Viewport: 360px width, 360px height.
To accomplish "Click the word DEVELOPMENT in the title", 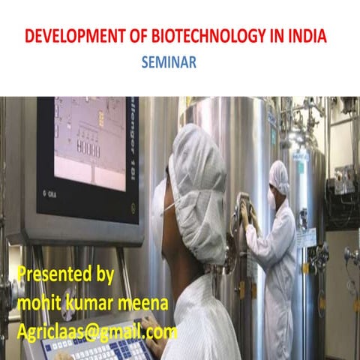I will point(68,36).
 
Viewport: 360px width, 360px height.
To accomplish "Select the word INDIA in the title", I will point(307,36).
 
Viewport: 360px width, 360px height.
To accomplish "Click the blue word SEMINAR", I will point(169,64).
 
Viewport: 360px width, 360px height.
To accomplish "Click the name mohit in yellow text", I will point(37,302).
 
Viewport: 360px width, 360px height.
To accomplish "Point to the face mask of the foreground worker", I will point(171,201).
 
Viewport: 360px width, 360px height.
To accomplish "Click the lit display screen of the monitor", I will point(90,142).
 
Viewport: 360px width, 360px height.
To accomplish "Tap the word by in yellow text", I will point(102,274).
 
